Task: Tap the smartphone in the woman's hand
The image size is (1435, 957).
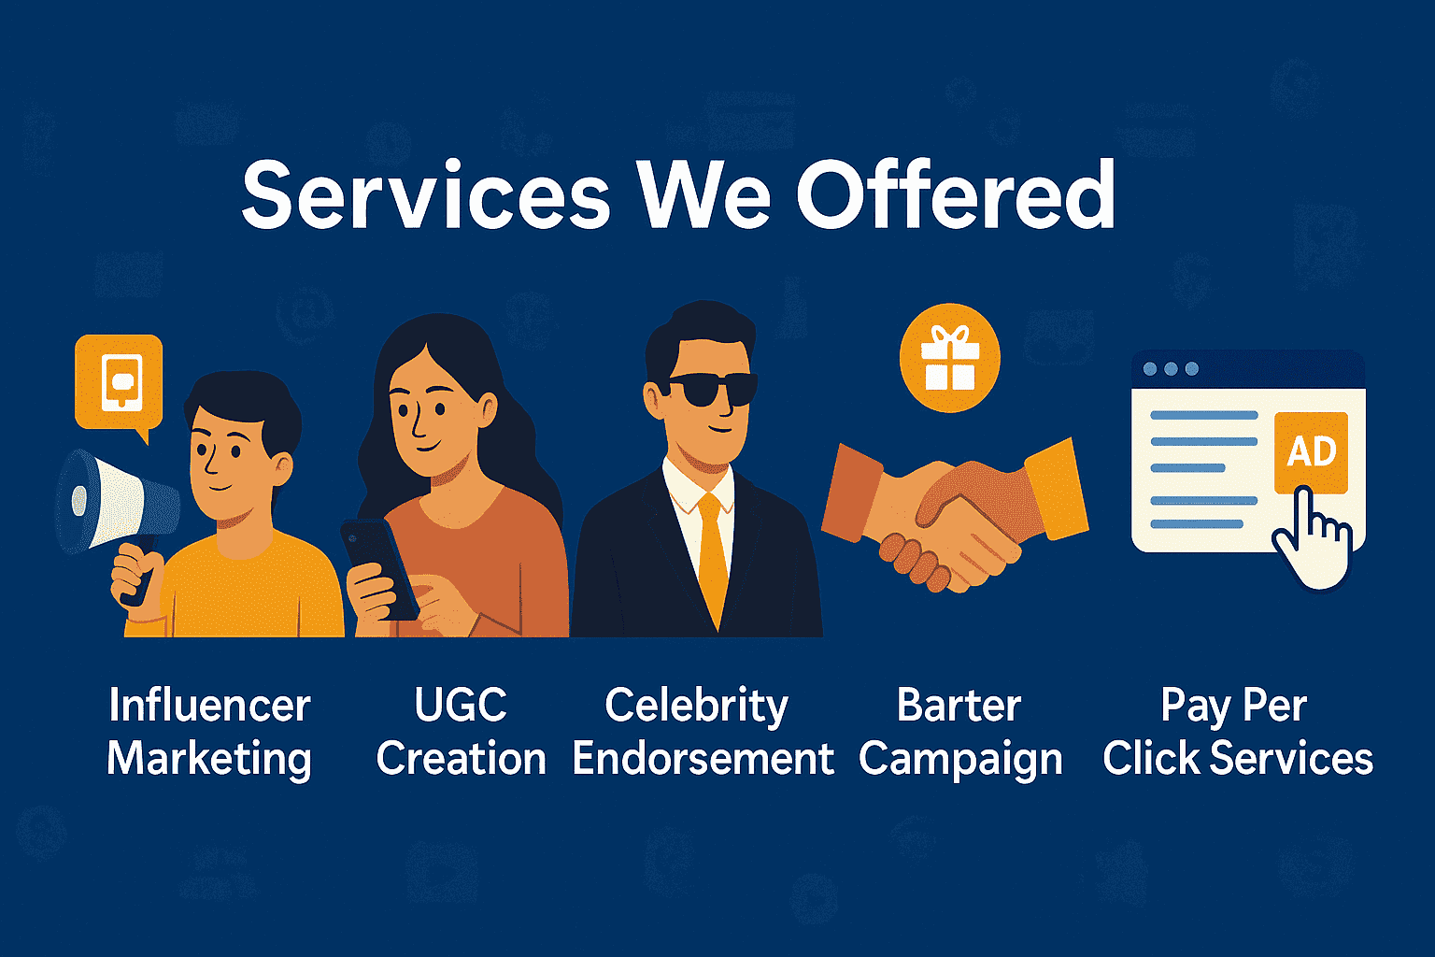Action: pos(378,567)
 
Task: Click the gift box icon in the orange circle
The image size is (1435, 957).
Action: pos(949,359)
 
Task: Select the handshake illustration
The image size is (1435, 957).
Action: pos(953,509)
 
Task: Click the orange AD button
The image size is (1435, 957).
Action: pos(1311,452)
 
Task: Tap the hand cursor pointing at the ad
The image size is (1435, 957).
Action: pos(1312,542)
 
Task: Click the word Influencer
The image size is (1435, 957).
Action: pos(209,705)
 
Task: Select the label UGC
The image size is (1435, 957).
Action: pos(461,705)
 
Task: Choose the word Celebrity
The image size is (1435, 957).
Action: pos(697,706)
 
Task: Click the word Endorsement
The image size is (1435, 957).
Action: pos(703,759)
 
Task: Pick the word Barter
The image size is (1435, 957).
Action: pos(959,705)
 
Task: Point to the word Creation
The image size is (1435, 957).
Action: pos(461,759)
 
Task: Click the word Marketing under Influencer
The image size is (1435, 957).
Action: pos(209,759)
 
